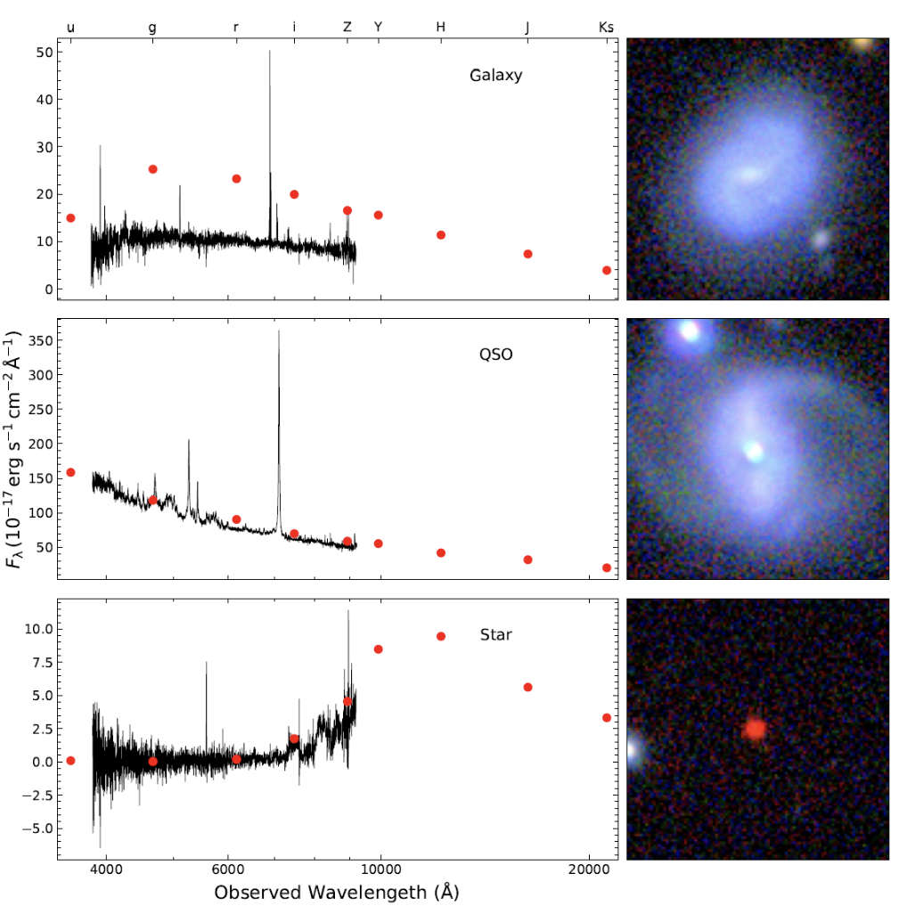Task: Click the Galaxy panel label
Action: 495,76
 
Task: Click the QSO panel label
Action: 495,355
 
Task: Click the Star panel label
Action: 495,635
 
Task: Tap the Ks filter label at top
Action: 606,28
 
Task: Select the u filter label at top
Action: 71,28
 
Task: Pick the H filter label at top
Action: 440,28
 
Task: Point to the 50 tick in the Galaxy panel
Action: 43,53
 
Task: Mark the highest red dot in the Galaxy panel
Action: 152,169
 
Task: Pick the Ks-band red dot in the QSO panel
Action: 607,567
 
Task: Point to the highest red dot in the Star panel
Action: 440,636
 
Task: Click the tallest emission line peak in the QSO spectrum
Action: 279,331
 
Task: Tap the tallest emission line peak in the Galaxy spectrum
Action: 270,52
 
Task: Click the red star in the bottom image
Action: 755,729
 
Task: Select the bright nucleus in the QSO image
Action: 754,451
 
